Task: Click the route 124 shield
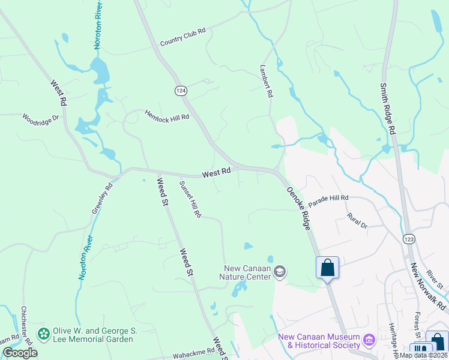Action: pos(181,91)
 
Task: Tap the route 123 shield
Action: pos(408,238)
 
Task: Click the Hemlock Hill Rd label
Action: pos(167,115)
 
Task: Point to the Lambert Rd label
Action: pos(267,82)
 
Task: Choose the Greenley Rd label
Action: pos(102,199)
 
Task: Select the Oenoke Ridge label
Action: pos(298,208)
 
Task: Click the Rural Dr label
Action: pos(357,220)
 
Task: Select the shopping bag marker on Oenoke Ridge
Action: pos(328,267)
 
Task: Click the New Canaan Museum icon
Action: pos(369,341)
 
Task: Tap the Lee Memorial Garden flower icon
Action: pos(43,334)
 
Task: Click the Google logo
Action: pos(20,353)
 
